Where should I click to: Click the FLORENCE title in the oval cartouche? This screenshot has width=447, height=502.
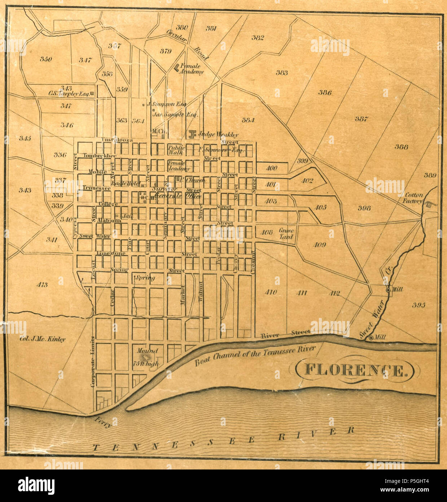click(355, 371)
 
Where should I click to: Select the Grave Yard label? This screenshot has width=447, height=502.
click(286, 234)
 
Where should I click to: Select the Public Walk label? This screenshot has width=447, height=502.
click(176, 150)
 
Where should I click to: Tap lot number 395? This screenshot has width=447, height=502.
click(418, 305)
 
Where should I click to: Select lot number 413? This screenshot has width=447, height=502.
click(42, 285)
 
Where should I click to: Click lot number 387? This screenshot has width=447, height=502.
click(361, 119)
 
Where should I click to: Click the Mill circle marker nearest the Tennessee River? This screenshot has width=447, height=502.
click(371, 338)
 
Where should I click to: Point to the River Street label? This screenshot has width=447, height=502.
click(285, 333)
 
